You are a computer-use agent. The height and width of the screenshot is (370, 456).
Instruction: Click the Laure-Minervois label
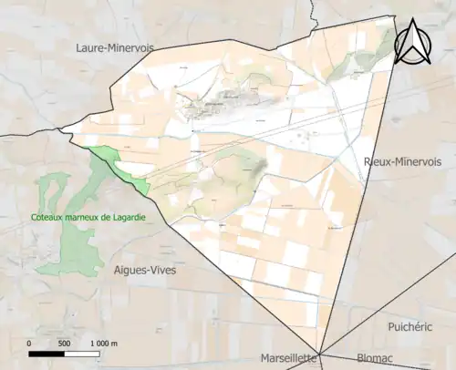(x=115, y=46)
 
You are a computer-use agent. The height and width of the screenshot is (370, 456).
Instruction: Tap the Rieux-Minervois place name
(x=397, y=160)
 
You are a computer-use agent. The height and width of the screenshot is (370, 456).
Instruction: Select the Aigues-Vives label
(x=145, y=270)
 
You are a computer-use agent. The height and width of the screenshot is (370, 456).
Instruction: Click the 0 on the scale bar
(x=30, y=343)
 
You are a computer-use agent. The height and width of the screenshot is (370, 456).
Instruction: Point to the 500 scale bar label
(x=64, y=343)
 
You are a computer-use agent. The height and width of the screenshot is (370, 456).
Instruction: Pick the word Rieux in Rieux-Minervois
(x=377, y=160)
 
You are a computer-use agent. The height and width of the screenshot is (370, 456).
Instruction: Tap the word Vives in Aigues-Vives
(x=161, y=270)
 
